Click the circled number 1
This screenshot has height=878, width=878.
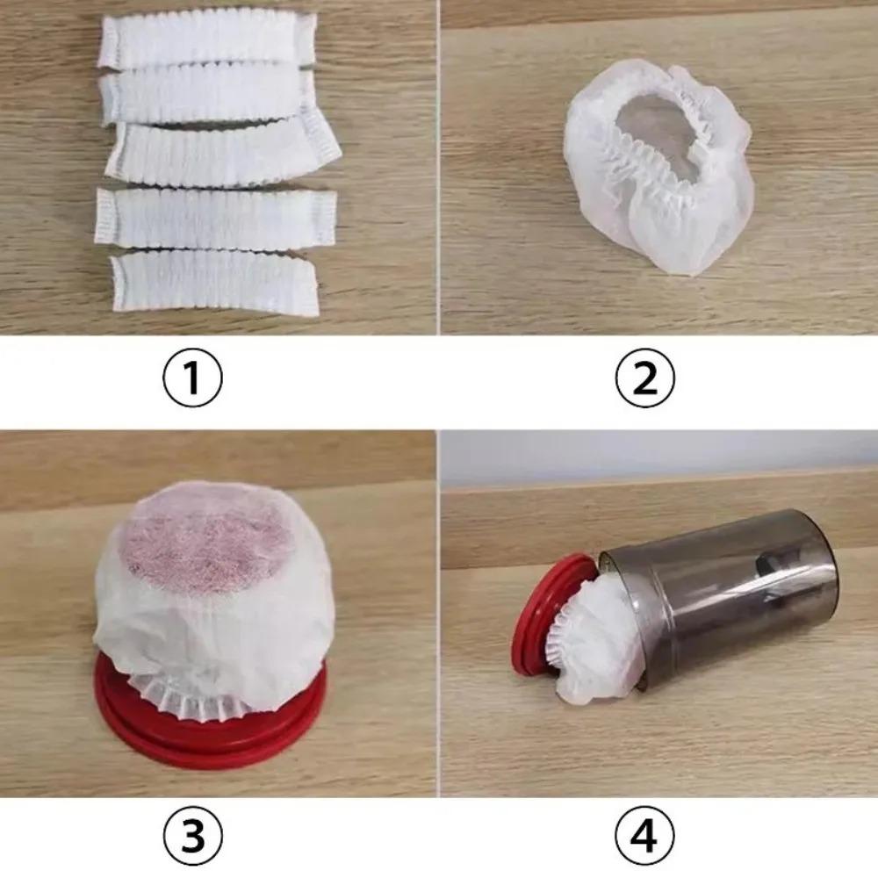(193, 378)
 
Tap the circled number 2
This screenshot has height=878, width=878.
(645, 378)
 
